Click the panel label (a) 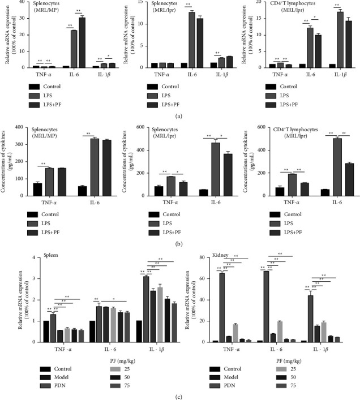tap(180, 115)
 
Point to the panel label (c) tap(180, 395)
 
